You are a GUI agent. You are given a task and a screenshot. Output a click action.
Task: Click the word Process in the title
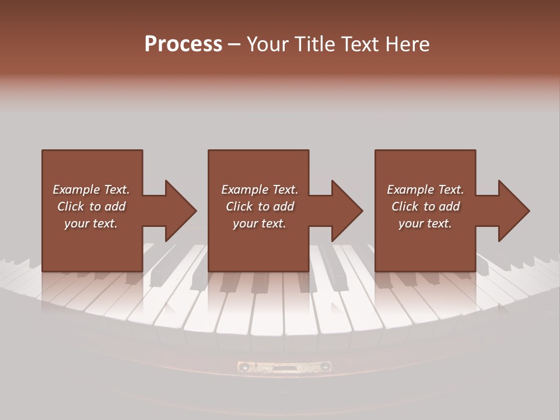tap(183, 44)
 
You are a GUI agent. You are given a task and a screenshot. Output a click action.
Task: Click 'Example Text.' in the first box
tap(91, 190)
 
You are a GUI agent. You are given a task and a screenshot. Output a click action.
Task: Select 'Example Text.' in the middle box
tap(260, 190)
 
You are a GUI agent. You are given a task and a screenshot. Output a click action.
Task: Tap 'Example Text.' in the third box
tap(425, 190)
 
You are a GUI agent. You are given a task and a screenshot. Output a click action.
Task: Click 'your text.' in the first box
tap(91, 223)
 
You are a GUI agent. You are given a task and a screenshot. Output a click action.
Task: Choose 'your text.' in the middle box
tap(260, 223)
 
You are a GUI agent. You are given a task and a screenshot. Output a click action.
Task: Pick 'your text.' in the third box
tap(425, 223)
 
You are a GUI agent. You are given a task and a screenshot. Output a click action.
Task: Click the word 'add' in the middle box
tap(283, 206)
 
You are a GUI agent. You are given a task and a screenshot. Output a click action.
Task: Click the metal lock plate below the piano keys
tap(284, 366)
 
